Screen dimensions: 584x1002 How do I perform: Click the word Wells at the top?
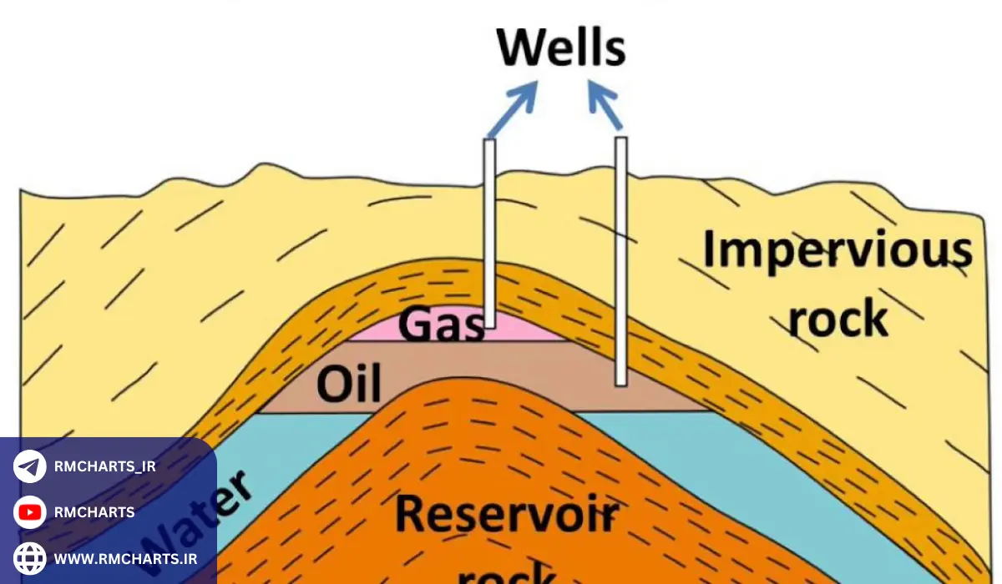(561, 48)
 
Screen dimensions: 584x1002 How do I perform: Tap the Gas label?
(441, 325)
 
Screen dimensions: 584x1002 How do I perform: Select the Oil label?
(349, 385)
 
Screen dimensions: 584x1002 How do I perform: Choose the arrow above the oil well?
(605, 105)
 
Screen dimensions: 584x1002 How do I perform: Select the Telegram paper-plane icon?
(30, 466)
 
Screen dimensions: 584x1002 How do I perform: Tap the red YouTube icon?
(30, 512)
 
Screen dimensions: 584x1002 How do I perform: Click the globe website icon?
(30, 557)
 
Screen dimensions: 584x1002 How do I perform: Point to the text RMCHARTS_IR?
(104, 466)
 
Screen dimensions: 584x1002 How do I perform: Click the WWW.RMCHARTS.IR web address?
(125, 557)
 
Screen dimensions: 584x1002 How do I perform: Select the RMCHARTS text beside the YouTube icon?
(94, 512)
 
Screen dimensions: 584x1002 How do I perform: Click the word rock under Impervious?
(838, 318)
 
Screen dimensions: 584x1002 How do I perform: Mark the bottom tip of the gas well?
(490, 326)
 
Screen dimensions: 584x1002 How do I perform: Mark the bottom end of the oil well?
(620, 384)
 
